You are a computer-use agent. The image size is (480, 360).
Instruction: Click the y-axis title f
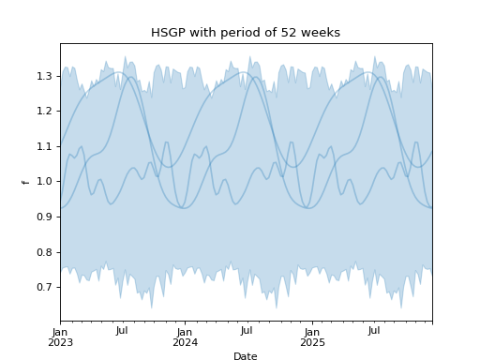25,181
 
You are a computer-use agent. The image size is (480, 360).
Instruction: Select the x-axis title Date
246,356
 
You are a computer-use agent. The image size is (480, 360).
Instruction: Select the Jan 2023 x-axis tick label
60,337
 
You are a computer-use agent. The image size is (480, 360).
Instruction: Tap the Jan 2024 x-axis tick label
185,337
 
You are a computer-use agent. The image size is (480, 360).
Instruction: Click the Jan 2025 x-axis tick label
311,337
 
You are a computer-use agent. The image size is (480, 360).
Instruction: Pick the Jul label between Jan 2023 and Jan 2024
122,331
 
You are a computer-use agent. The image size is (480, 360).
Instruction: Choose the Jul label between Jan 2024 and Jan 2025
247,331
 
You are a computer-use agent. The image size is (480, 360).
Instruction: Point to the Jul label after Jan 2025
373,331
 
